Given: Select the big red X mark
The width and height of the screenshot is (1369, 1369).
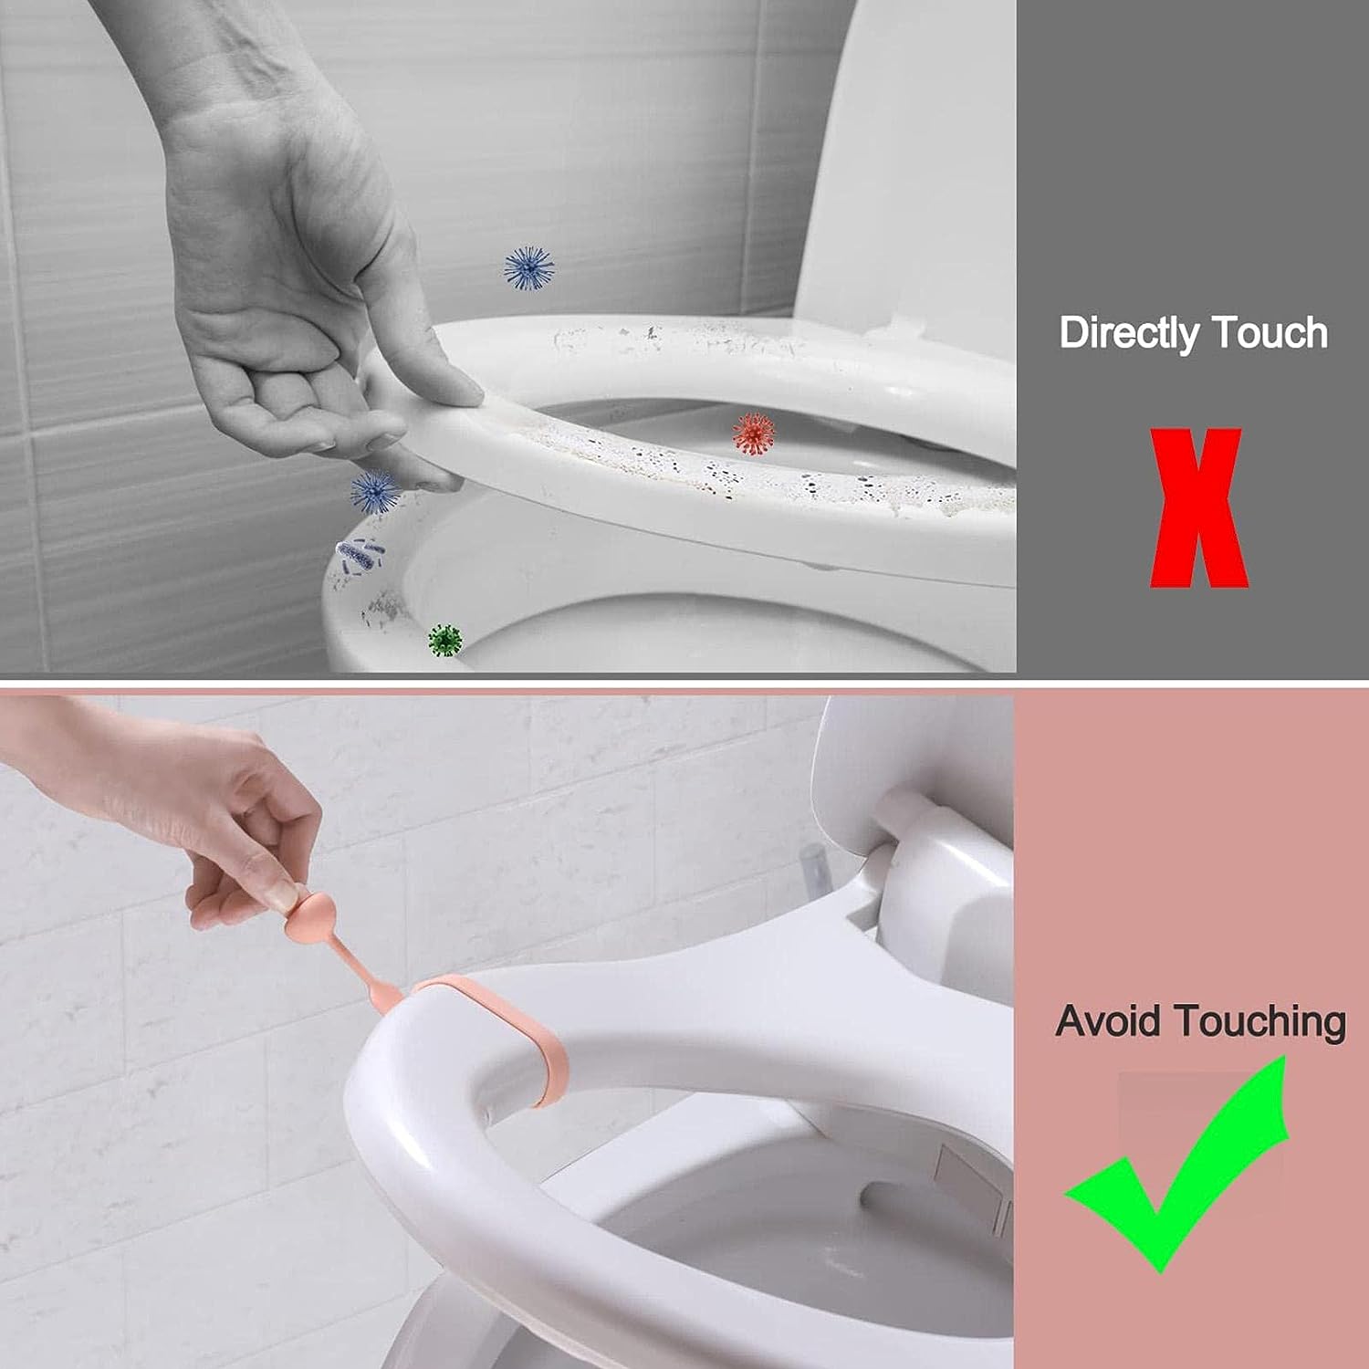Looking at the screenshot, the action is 1197,508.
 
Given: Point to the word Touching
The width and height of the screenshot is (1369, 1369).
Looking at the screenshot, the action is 1260,1022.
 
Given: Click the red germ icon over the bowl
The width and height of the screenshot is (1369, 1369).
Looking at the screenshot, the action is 754,433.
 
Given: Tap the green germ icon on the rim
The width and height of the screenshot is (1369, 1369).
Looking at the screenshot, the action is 445,640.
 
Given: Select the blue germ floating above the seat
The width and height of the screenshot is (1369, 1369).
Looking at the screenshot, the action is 529,268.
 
